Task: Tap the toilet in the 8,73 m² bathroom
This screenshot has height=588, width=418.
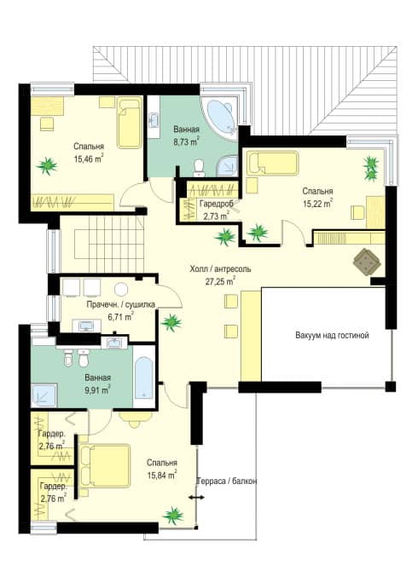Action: (x=199, y=168)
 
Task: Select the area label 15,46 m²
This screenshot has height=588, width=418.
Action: (x=89, y=159)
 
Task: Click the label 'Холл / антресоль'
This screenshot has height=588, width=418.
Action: (x=220, y=269)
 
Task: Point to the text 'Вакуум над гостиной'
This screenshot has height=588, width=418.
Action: (x=332, y=335)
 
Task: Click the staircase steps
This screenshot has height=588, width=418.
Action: (x=109, y=245)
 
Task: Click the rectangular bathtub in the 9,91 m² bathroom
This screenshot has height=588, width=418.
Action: (x=143, y=378)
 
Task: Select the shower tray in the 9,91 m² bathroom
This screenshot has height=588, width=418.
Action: (x=44, y=395)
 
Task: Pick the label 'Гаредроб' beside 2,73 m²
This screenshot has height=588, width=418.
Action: (x=216, y=204)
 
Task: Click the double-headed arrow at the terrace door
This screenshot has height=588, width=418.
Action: (x=196, y=498)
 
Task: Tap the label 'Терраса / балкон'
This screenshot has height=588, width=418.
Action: (x=227, y=481)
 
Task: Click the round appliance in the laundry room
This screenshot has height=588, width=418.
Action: (x=121, y=289)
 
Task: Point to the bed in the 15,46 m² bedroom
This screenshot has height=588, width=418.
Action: (x=130, y=122)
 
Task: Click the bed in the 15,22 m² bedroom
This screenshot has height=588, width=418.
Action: (x=273, y=163)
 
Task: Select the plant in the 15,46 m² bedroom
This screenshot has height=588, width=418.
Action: (x=47, y=165)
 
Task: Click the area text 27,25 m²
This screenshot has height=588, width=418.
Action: (x=220, y=281)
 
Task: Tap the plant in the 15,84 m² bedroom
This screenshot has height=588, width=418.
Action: (x=173, y=516)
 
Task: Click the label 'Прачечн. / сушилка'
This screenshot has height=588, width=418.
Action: (x=121, y=304)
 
